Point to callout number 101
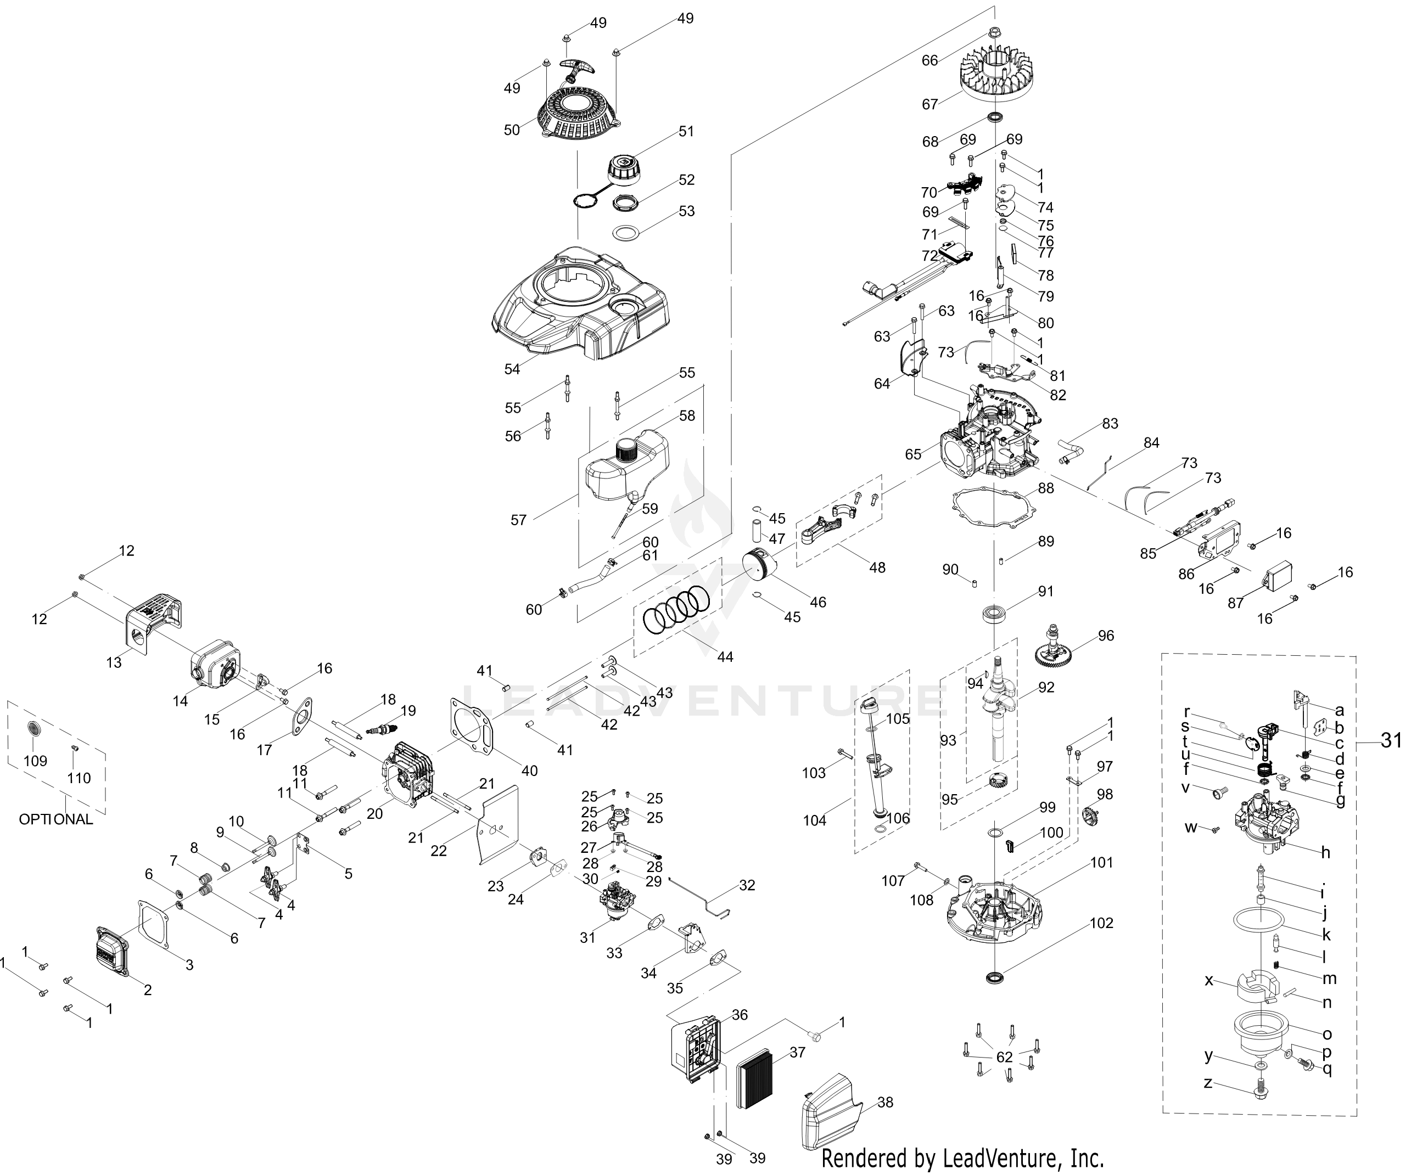pos(1102,862)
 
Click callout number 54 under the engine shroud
pos(512,369)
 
